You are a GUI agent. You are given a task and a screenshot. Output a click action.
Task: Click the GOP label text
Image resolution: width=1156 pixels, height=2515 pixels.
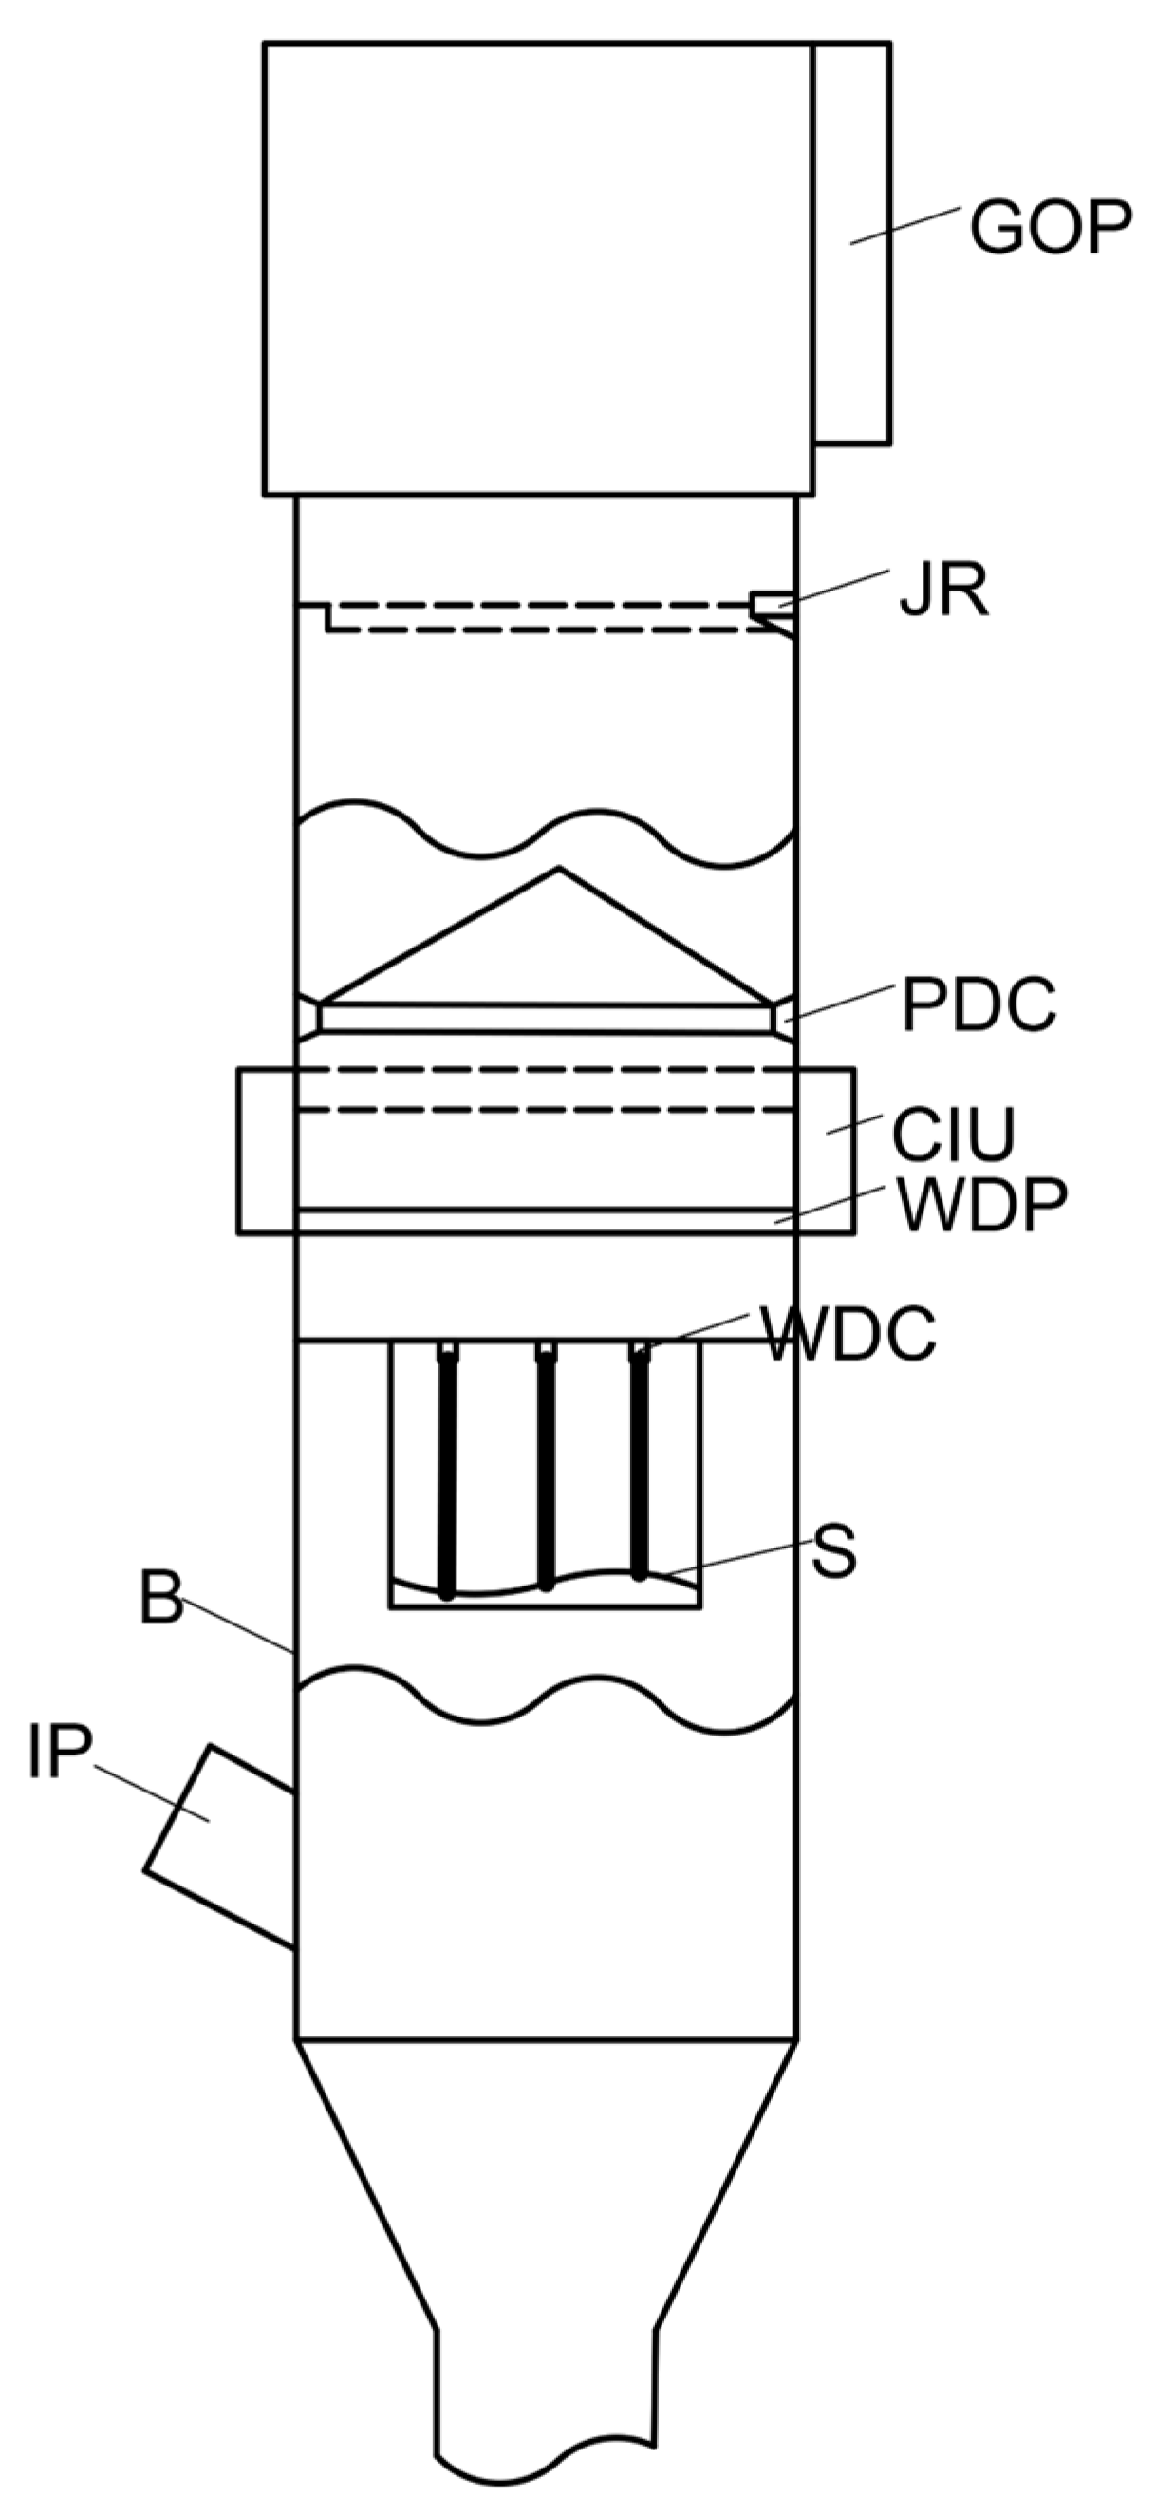[1050, 228]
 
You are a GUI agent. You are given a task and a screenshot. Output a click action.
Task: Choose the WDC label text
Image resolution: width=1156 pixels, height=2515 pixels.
[848, 1334]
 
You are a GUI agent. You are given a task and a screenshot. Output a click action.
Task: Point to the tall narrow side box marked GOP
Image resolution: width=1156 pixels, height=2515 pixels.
[851, 244]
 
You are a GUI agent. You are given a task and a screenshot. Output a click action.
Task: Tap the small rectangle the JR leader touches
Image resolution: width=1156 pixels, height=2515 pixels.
[769, 605]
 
